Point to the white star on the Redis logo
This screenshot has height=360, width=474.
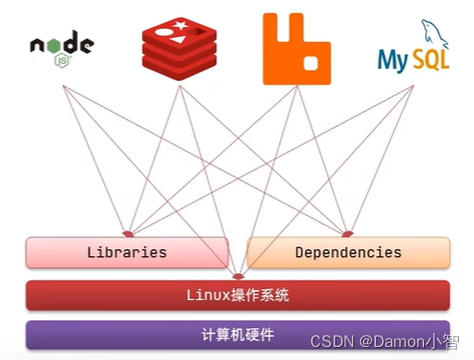pos(180,24)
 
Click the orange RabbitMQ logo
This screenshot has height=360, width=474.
pos(296,49)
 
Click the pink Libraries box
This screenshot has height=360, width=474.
pos(127,253)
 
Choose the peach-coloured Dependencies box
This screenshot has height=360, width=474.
pos(346,253)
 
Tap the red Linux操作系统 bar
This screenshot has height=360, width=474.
pos(237,295)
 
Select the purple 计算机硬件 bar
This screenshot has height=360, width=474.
pos(237,335)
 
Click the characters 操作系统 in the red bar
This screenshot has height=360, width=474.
pos(258,295)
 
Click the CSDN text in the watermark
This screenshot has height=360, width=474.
pos(330,343)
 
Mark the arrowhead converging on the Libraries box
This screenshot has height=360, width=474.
pos(127,232)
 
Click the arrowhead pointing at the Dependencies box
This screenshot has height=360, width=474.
pos(346,232)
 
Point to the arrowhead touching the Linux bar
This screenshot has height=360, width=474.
pos(237,276)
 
